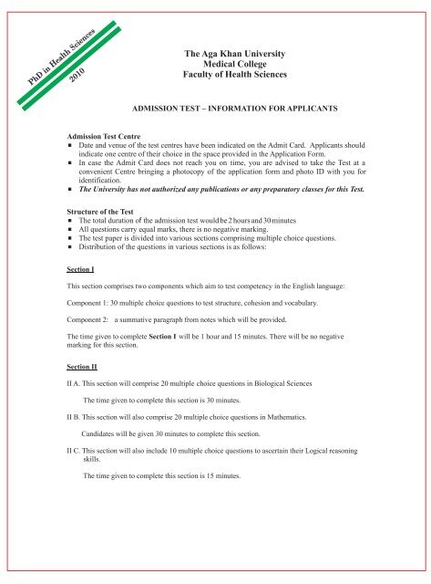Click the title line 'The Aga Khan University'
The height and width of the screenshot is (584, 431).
tap(241, 56)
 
